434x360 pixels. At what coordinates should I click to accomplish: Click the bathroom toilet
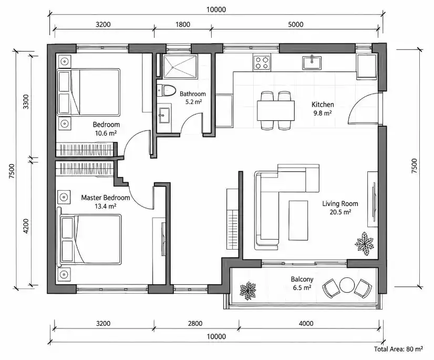(x=167, y=90)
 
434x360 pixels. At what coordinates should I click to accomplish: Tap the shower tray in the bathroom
(x=180, y=66)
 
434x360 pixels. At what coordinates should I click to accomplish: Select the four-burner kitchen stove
(x=262, y=63)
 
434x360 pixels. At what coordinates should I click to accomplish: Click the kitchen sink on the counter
(x=312, y=63)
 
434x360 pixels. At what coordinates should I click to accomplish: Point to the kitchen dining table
(x=276, y=110)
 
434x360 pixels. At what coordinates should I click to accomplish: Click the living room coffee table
(x=298, y=220)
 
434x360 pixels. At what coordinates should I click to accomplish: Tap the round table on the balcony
(x=347, y=285)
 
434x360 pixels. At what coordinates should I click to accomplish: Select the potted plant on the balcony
(x=248, y=291)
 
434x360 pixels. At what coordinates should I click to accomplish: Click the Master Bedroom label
(x=106, y=198)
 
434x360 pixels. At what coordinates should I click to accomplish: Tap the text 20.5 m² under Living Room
(x=340, y=212)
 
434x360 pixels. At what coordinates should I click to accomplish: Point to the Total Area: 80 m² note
(x=398, y=349)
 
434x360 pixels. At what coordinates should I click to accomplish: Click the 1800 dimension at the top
(x=183, y=24)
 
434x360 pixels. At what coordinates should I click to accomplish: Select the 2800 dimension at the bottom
(x=195, y=323)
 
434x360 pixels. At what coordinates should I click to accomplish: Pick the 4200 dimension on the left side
(x=26, y=226)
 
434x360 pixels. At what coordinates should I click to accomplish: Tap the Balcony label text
(x=302, y=279)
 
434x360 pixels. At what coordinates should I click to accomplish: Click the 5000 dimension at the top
(x=296, y=24)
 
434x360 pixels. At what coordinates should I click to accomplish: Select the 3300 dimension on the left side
(x=26, y=101)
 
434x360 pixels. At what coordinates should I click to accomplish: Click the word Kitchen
(x=323, y=105)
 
